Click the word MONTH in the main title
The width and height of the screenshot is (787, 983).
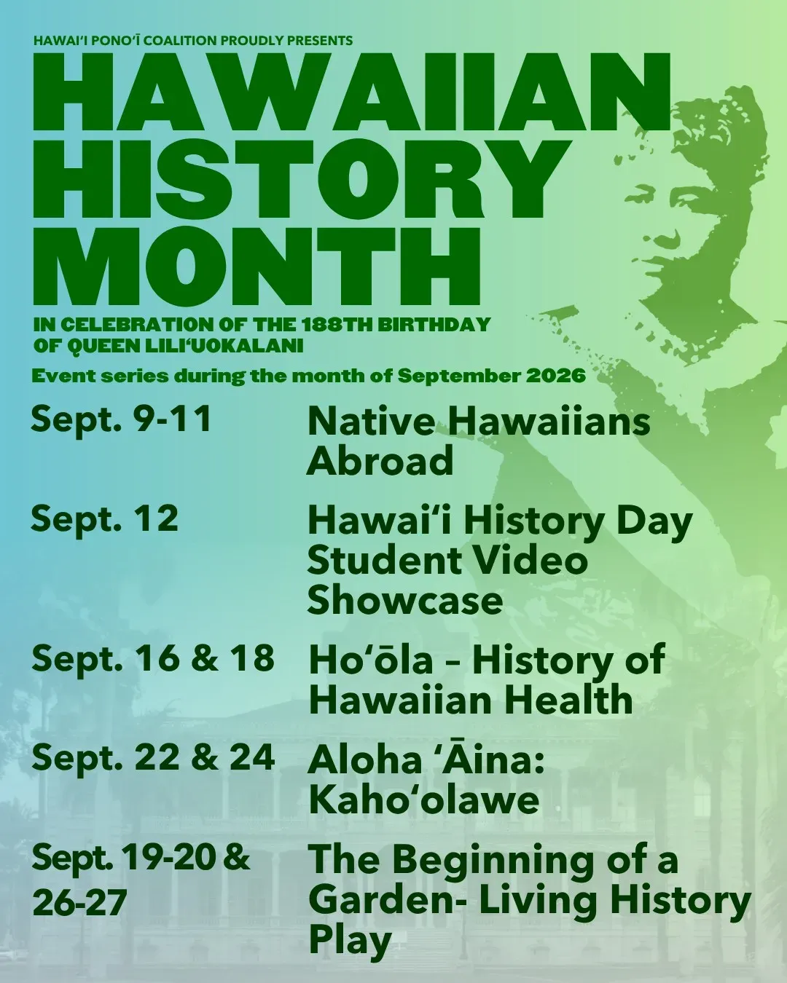coord(257,267)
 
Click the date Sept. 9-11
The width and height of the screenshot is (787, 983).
coord(121,420)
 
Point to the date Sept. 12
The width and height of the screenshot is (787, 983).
coord(105,520)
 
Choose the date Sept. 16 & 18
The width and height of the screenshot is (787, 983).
coord(153,658)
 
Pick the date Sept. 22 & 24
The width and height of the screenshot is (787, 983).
coord(153,757)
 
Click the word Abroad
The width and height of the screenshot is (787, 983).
coord(380,460)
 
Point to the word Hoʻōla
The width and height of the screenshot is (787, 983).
coord(371,659)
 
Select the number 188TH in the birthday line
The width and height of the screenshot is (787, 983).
coord(334,324)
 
